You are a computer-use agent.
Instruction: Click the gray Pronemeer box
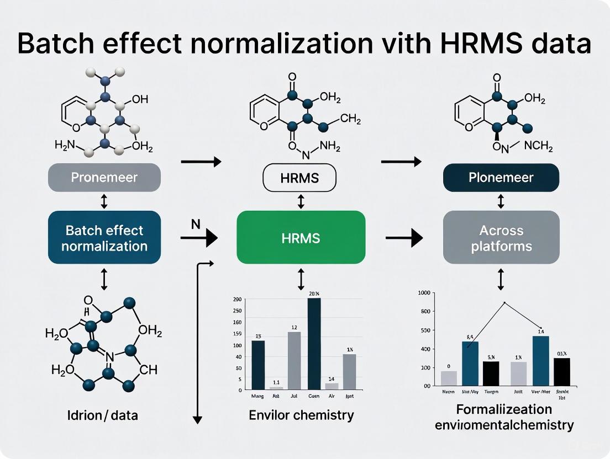[104, 178]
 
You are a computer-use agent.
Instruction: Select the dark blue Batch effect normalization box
[104, 238]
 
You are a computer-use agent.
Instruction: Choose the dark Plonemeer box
[501, 178]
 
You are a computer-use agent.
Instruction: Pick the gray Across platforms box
[501, 238]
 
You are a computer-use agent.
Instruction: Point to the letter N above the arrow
[195, 224]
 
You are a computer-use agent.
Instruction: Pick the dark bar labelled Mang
[258, 365]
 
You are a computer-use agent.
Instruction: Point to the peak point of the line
[504, 302]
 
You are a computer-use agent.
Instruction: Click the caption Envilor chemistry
[301, 415]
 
